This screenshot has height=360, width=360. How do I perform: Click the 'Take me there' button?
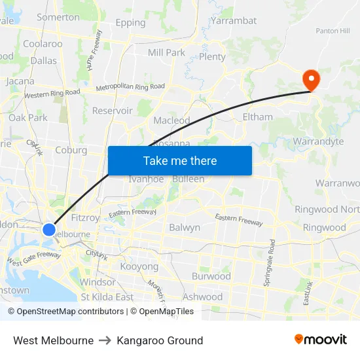pyautogui.click(x=180, y=160)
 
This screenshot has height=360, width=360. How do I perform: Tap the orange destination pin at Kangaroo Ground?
pyautogui.click(x=310, y=81)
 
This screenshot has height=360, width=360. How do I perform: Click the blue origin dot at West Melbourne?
pyautogui.click(x=49, y=229)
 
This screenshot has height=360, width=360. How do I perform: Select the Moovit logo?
pyautogui.click(x=321, y=340)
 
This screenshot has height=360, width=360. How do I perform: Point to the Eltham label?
pyautogui.click(x=257, y=117)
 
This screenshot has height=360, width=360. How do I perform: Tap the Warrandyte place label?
pyautogui.click(x=318, y=141)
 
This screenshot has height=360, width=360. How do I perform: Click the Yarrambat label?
pyautogui.click(x=234, y=20)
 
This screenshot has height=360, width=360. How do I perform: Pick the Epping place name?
pyautogui.click(x=130, y=23)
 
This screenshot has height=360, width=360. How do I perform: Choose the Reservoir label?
pyautogui.click(x=112, y=111)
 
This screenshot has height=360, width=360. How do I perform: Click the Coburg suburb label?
pyautogui.click(x=71, y=150)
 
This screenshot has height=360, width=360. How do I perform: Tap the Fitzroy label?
pyautogui.click(x=84, y=218)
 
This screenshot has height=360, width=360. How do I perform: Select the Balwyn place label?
pyautogui.click(x=185, y=228)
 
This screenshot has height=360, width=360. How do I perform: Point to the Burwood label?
pyautogui.click(x=211, y=276)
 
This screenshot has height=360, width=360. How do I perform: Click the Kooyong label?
pyautogui.click(x=139, y=267)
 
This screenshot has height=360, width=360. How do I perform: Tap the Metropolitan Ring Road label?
pyautogui.click(x=130, y=87)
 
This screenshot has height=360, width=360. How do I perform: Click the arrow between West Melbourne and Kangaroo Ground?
pyautogui.click(x=105, y=340)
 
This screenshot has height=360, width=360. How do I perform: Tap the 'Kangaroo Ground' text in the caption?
pyautogui.click(x=160, y=340)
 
